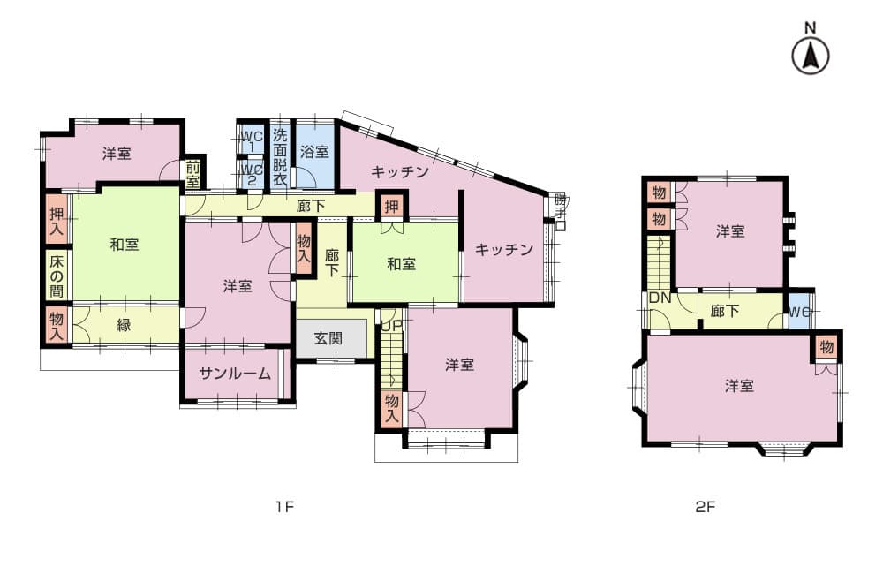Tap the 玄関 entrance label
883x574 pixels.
tap(328, 338)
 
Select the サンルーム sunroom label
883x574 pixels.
tap(235, 374)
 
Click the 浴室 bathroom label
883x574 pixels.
tap(314, 152)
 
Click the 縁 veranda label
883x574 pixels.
tap(124, 325)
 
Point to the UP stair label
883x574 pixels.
tap(390, 325)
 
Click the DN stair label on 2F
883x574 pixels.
tap(660, 298)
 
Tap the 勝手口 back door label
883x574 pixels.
tap(560, 211)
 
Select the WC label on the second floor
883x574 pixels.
tap(799, 312)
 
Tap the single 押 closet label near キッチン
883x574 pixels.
tap(391, 206)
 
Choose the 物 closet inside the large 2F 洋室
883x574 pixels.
tap(826, 347)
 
